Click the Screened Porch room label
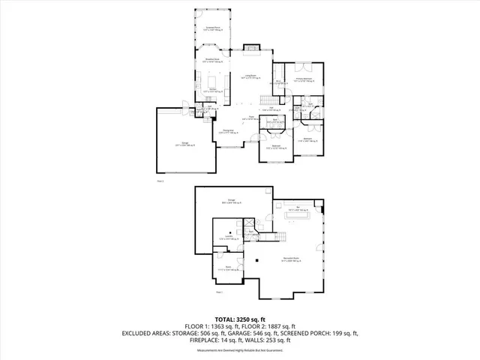pyautogui.click(x=214, y=28)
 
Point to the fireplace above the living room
pyautogui.click(x=250, y=49)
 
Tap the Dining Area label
pyautogui.click(x=226, y=130)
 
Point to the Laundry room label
pyautogui.click(x=227, y=238)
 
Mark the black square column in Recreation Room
pyautogui.click(x=257, y=260)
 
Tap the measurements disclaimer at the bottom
pyautogui.click(x=239, y=350)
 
